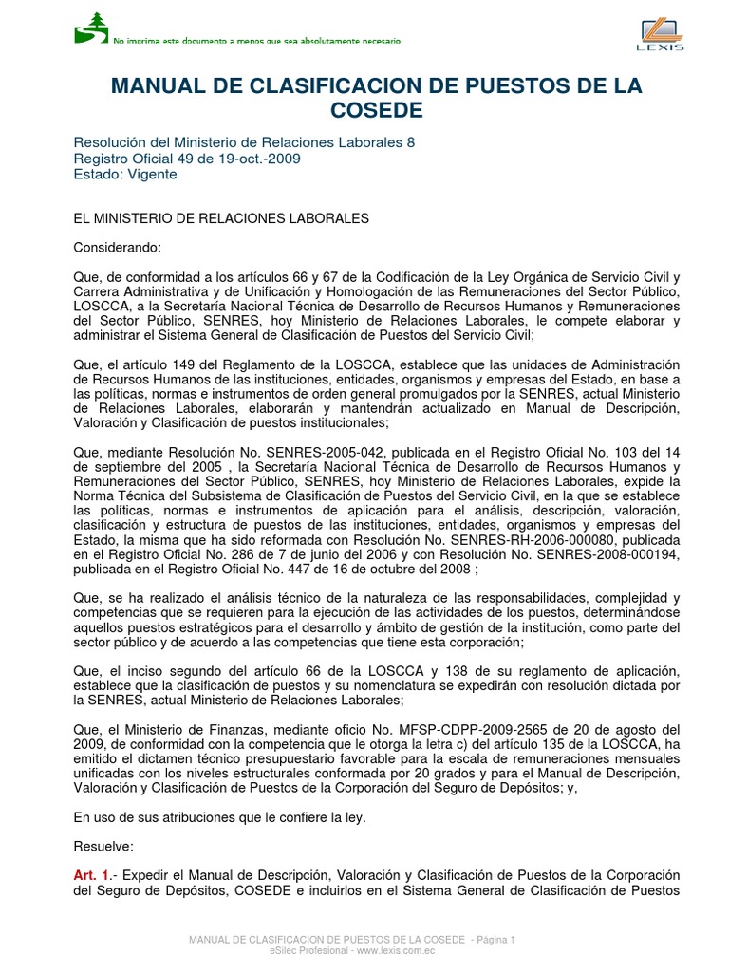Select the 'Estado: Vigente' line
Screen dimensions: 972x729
tap(125, 174)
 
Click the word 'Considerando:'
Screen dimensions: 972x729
tap(119, 248)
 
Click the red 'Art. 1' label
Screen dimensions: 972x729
tap(92, 874)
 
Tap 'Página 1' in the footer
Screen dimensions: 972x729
tap(494, 940)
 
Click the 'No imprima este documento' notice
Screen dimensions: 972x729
tap(256, 41)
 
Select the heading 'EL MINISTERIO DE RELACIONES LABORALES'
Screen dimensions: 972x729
tap(221, 218)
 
